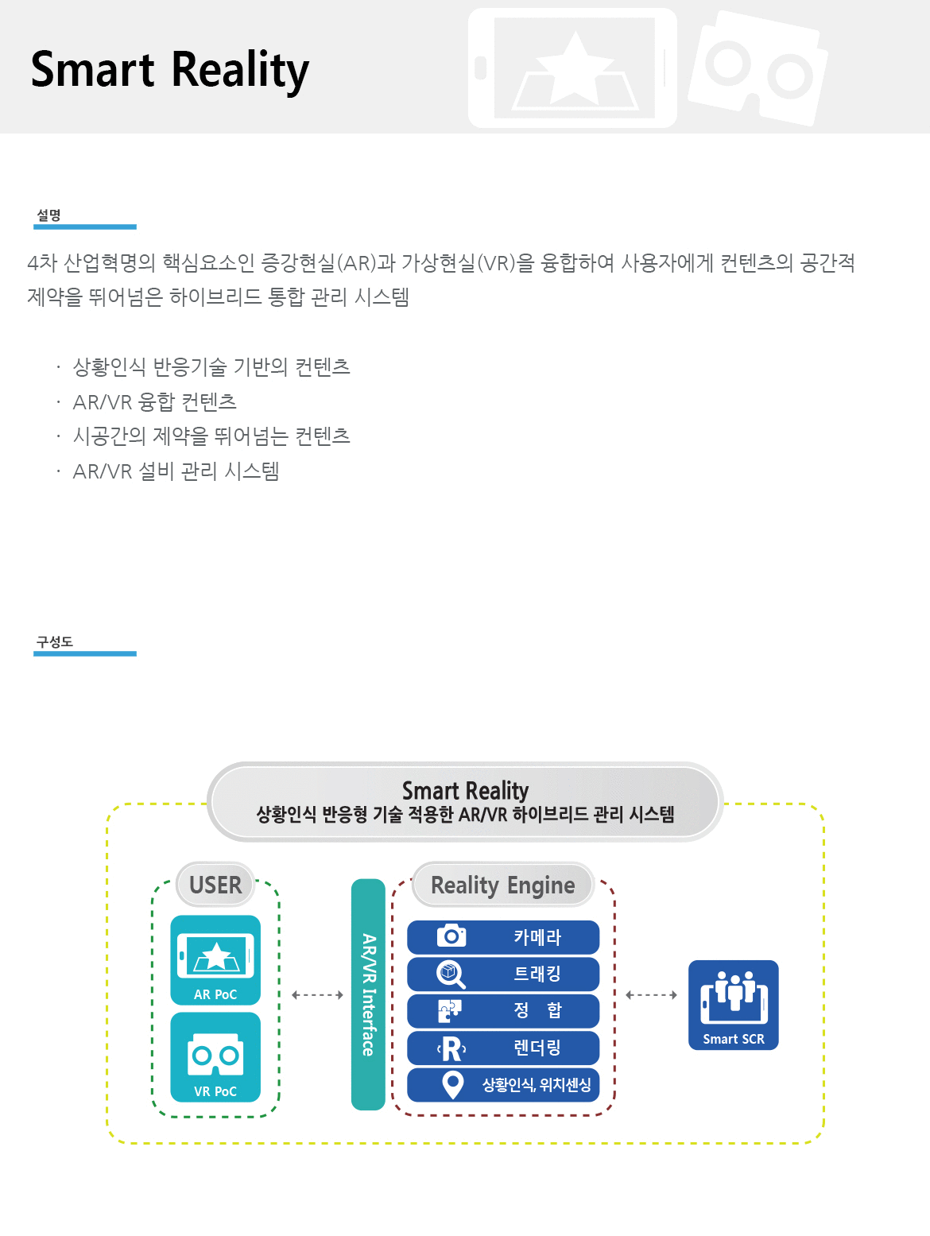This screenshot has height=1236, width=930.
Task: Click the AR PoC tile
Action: click(215, 959)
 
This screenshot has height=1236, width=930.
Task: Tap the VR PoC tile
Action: click(215, 1057)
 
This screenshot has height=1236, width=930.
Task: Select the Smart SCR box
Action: click(733, 1005)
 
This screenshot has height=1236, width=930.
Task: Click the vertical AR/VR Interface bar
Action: click(368, 994)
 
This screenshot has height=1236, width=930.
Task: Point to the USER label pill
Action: click(215, 885)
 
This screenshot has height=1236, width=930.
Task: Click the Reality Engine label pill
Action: click(502, 885)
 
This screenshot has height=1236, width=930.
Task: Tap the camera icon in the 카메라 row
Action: click(451, 936)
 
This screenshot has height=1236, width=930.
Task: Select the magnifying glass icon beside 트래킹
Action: click(451, 974)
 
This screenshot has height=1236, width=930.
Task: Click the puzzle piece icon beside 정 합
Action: click(450, 1011)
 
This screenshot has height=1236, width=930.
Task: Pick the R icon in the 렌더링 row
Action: click(451, 1048)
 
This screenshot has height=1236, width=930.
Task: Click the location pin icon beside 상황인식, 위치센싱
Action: click(452, 1085)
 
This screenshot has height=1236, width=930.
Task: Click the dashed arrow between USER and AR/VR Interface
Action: click(317, 995)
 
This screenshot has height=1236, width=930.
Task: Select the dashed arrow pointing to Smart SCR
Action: click(651, 995)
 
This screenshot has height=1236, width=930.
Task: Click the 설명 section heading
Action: click(49, 215)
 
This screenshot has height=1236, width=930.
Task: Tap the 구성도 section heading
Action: click(55, 642)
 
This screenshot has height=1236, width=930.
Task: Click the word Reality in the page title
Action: click(240, 71)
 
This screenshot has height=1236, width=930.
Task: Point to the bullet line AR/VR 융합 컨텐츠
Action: click(155, 402)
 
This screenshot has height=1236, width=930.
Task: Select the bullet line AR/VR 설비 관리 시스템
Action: click(176, 471)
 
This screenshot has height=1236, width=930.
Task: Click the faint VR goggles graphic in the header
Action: click(758, 68)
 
